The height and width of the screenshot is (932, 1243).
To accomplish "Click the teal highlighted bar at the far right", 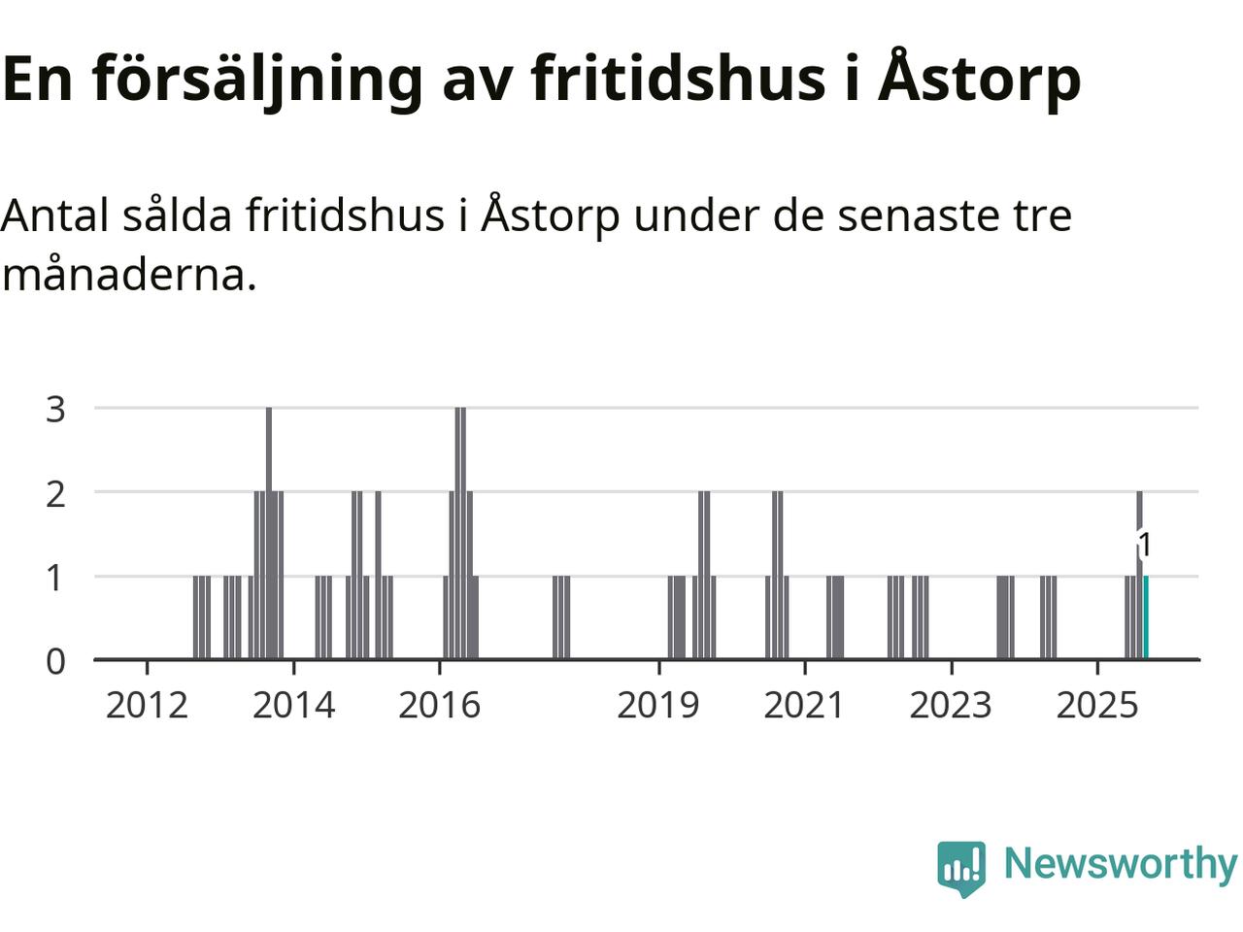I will point(1146,617).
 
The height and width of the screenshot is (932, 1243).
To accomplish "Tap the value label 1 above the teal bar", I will point(1145,546).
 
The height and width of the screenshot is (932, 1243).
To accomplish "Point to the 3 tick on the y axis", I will point(56,409).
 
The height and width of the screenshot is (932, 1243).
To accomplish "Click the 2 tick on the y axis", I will point(56,493).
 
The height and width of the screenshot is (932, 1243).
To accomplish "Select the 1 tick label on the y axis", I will point(56,578).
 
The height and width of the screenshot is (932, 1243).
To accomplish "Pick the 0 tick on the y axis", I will point(56,661).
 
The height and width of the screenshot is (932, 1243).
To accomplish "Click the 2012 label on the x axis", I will point(147,705).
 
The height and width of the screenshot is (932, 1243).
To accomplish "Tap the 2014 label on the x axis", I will point(293,705).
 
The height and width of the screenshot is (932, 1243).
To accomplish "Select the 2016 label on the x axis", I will point(439,705).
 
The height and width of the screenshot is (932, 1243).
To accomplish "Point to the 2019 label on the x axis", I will point(658,705).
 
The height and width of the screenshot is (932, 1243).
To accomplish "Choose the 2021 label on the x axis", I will point(804,705).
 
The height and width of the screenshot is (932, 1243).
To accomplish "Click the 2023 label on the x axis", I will point(951,705).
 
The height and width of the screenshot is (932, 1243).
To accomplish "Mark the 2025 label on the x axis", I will point(1097,705).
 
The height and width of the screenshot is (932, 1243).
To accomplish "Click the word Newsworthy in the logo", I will point(1120,863).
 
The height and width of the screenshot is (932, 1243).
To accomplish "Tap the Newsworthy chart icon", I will point(961,866).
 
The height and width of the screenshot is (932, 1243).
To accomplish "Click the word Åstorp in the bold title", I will point(979,78).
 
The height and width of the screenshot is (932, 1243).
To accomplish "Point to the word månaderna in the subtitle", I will point(129,275).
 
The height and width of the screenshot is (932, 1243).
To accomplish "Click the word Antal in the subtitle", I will point(55,215).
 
